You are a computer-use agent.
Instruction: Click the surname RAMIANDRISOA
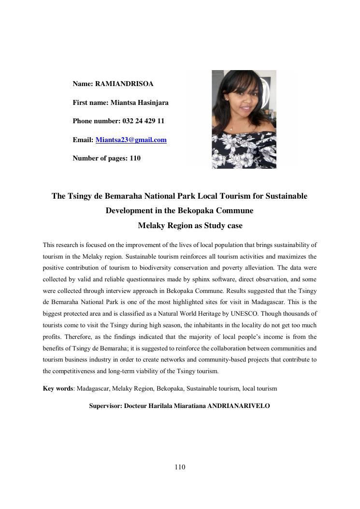tap(124, 84)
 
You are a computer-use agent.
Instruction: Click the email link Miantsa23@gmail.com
tap(131, 140)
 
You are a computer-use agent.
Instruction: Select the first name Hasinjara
tap(152, 102)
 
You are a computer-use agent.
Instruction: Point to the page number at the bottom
tap(180, 467)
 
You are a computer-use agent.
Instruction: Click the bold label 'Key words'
tap(58, 389)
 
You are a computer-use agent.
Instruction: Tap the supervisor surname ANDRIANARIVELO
tap(238, 406)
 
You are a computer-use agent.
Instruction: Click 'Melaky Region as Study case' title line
tap(190, 226)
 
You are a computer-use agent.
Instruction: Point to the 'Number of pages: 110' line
tap(106, 158)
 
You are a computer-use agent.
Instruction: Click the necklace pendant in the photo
tap(231, 129)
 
